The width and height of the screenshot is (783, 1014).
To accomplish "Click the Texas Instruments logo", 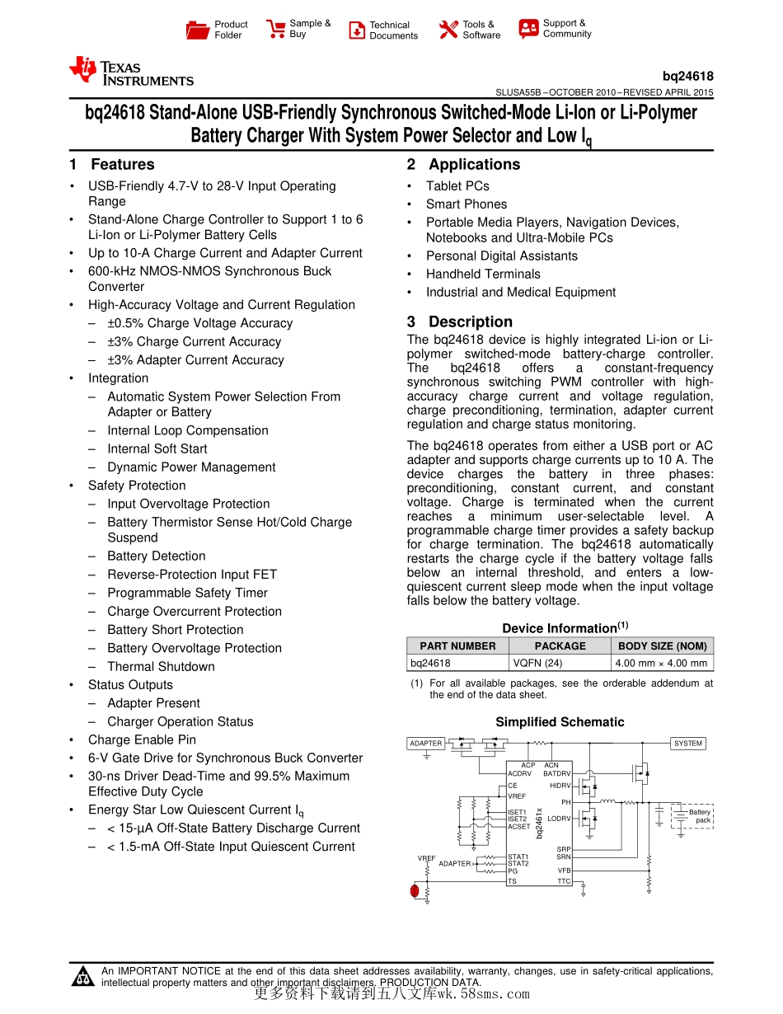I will coord(131,72).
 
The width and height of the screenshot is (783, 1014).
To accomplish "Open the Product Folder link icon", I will coord(198,31).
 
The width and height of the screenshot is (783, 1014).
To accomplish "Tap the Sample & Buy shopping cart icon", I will coord(275,30).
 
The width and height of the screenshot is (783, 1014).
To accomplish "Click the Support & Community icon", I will coord(528,29).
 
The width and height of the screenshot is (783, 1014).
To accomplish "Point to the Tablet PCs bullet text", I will coord(457,186).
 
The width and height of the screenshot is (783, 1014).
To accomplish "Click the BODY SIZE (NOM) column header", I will coord(662,646).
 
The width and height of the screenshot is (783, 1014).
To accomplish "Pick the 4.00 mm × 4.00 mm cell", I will coord(662,663).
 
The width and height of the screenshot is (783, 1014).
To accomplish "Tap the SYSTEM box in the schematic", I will coord(688,744).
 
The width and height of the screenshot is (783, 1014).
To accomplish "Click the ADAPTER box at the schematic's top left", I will coord(426,744).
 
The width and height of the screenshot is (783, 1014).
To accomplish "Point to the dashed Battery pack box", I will coord(692,816).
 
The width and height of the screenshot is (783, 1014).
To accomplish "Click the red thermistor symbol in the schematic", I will coord(415,890).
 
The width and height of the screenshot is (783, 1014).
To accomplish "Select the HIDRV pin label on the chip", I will coord(560,786).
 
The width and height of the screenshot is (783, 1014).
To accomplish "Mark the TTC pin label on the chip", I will coord(564,882).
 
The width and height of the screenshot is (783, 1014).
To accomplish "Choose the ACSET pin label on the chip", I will coord(519,827).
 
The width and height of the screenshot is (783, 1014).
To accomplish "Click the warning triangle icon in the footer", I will coord(83,978).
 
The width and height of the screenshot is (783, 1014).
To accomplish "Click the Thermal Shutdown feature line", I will coord(161,667).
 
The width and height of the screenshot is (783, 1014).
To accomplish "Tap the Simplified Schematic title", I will coord(560,722).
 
